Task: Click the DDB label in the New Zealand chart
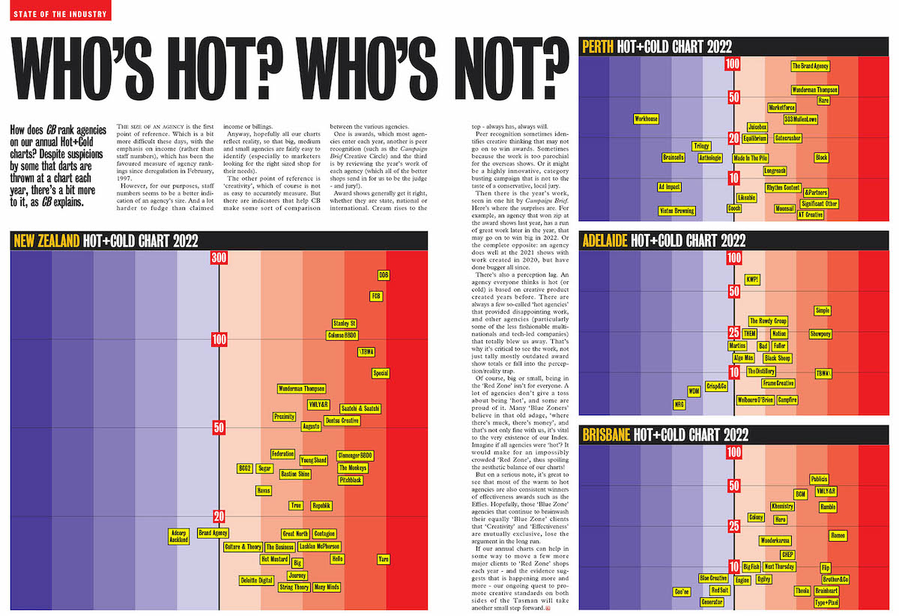[384, 275]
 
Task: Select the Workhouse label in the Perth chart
[646, 119]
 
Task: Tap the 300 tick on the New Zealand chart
[219, 259]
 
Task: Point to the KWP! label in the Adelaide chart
[752, 280]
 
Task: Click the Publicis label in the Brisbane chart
[820, 479]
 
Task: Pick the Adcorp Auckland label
[179, 536]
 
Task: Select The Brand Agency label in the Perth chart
[811, 66]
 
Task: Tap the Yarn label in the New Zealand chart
[384, 559]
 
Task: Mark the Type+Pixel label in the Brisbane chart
[826, 603]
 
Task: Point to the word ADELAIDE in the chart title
[605, 241]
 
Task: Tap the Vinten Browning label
[676, 211]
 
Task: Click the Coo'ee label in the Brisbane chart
[682, 592]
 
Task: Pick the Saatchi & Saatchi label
[360, 408]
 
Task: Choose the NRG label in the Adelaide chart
[679, 404]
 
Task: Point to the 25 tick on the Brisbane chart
[733, 526]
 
